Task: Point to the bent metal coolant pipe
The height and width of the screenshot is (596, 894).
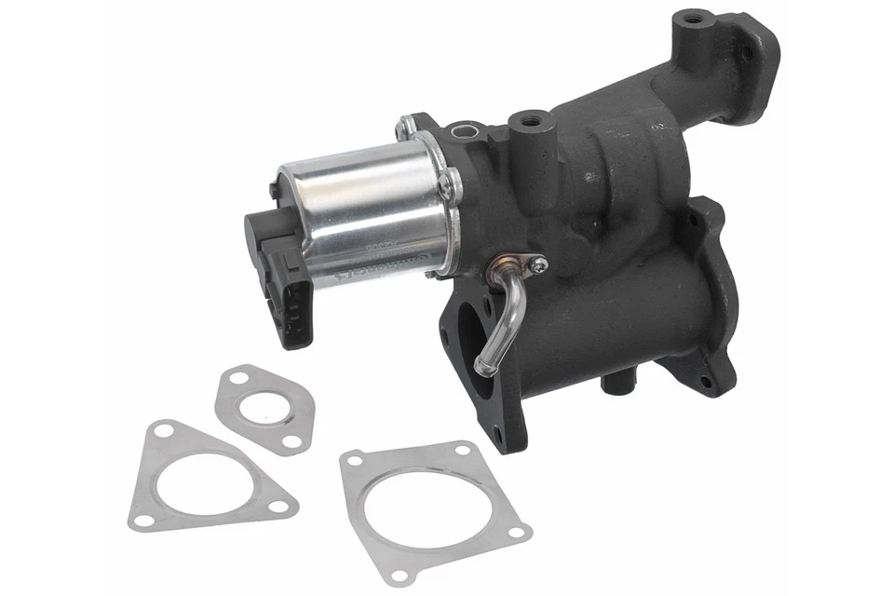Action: tap(508, 307)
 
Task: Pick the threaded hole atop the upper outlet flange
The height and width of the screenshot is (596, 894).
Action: tap(690, 18)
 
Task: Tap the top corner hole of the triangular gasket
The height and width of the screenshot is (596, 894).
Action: tap(166, 431)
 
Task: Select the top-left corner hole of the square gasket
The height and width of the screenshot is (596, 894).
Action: tap(354, 459)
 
